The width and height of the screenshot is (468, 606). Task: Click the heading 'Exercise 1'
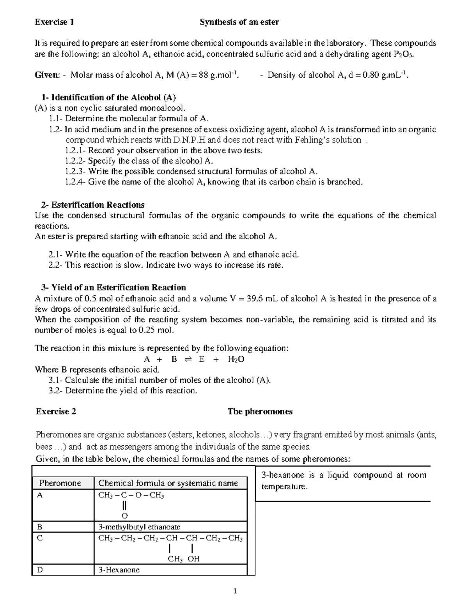(54, 22)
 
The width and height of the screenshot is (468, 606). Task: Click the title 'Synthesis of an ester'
(239, 22)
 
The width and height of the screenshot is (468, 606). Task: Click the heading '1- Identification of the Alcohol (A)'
(108, 97)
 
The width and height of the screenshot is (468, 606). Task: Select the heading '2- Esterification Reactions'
(92, 205)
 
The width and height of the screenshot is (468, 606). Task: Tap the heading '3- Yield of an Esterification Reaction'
(113, 288)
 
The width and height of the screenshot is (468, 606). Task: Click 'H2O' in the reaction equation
(236, 359)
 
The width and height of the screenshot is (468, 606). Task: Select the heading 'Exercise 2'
(56, 411)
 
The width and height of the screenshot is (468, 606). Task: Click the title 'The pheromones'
(260, 411)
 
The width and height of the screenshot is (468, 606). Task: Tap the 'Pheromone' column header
(60, 483)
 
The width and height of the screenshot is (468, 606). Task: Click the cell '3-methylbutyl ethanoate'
(139, 527)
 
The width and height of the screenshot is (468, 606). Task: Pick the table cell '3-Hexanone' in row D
(119, 570)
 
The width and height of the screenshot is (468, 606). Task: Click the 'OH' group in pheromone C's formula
(193, 559)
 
